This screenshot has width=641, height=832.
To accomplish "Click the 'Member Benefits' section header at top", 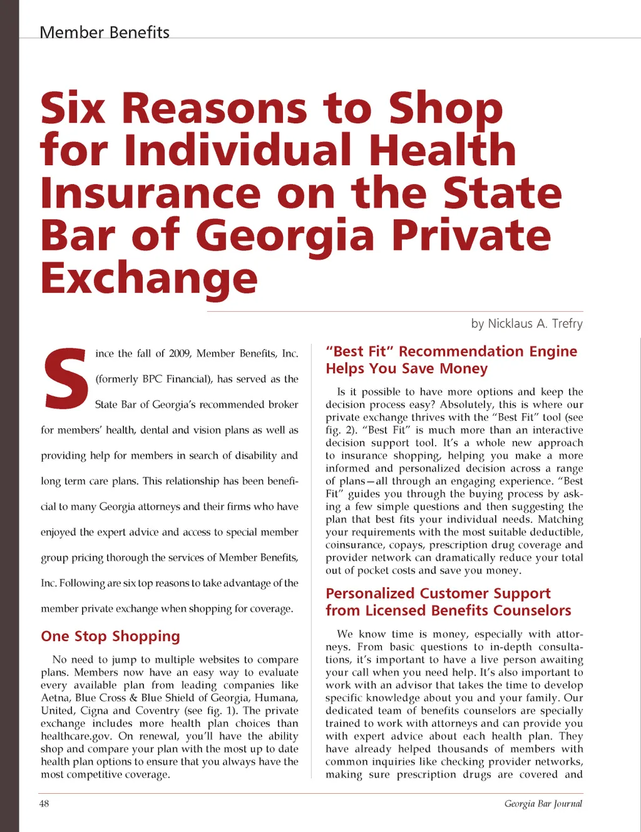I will [x=105, y=32].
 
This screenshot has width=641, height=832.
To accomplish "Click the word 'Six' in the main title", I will [x=73, y=108].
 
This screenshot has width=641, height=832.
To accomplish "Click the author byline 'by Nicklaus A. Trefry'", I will [x=526, y=324].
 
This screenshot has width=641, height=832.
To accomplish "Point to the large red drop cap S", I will [x=64, y=378].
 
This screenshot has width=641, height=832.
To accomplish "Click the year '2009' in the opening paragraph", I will [x=180, y=354].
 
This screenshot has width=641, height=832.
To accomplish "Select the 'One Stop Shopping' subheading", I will [x=110, y=637].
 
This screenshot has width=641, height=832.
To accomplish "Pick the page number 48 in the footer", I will [x=44, y=803].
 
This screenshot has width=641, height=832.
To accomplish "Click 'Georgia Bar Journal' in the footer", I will [x=543, y=804].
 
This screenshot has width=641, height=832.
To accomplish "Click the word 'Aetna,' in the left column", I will [x=55, y=698].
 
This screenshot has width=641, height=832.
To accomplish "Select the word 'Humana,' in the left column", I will [x=276, y=698].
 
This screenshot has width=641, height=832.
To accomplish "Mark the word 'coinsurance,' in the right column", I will [x=354, y=545].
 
